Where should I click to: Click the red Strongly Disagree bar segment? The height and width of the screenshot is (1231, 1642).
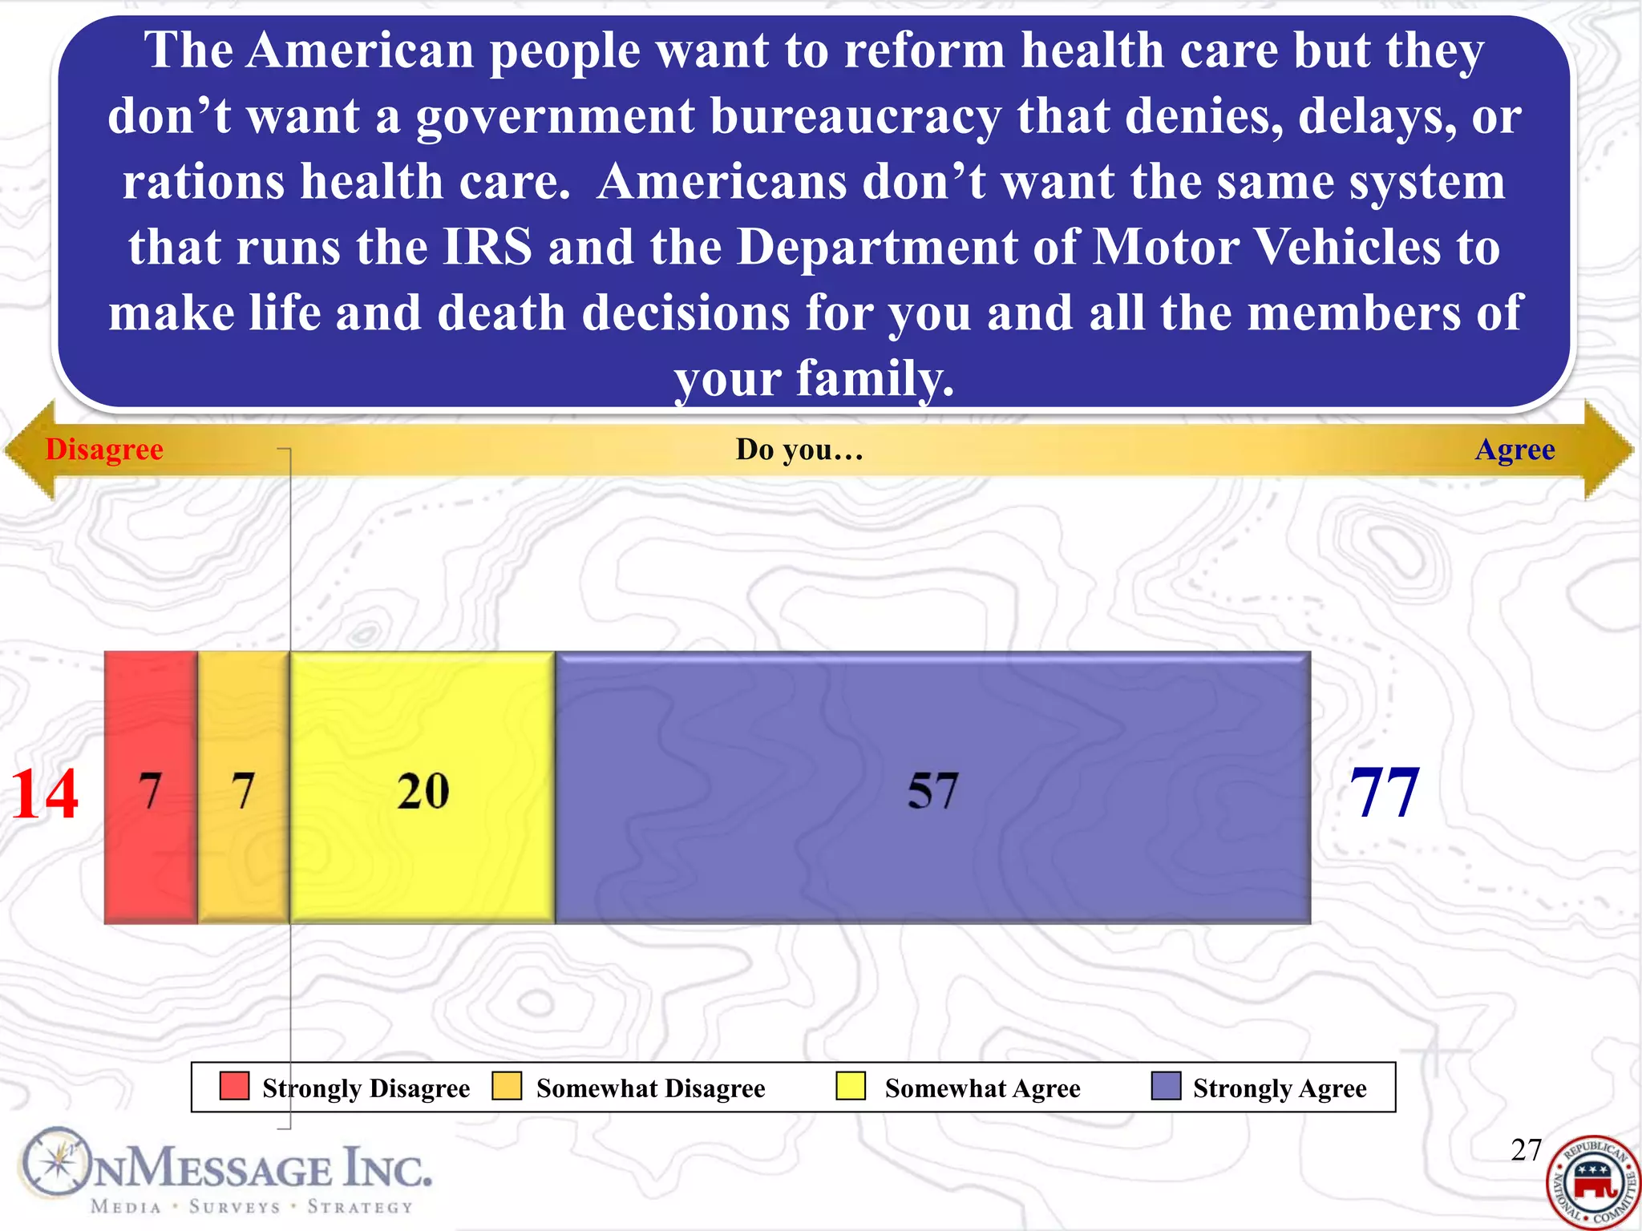(x=151, y=787)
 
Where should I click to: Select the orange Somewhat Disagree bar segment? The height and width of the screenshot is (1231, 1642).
(x=243, y=787)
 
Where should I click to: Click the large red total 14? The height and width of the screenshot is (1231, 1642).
(x=44, y=793)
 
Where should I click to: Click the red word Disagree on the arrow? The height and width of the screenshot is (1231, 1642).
(x=104, y=450)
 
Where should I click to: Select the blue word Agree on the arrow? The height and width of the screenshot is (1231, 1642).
(x=1515, y=450)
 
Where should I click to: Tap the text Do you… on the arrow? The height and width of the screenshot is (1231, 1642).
(x=799, y=450)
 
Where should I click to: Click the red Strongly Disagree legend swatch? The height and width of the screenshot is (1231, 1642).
(x=234, y=1086)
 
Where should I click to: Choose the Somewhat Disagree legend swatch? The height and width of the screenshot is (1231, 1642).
(x=507, y=1086)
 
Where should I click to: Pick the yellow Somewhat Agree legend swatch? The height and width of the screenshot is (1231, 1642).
(x=850, y=1086)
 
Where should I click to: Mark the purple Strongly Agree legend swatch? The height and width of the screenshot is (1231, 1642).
(x=1166, y=1086)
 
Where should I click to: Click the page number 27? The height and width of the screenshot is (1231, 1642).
(x=1526, y=1150)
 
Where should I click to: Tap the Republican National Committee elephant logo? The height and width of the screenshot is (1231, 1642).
(x=1592, y=1183)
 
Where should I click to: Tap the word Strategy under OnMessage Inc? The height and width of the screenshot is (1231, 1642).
(x=360, y=1207)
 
